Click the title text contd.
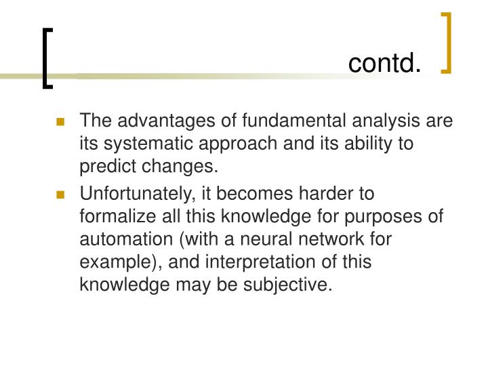point(384,63)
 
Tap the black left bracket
point(46,58)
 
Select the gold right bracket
point(447,42)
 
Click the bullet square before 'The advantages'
point(60,123)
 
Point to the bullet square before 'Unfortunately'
point(60,195)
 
